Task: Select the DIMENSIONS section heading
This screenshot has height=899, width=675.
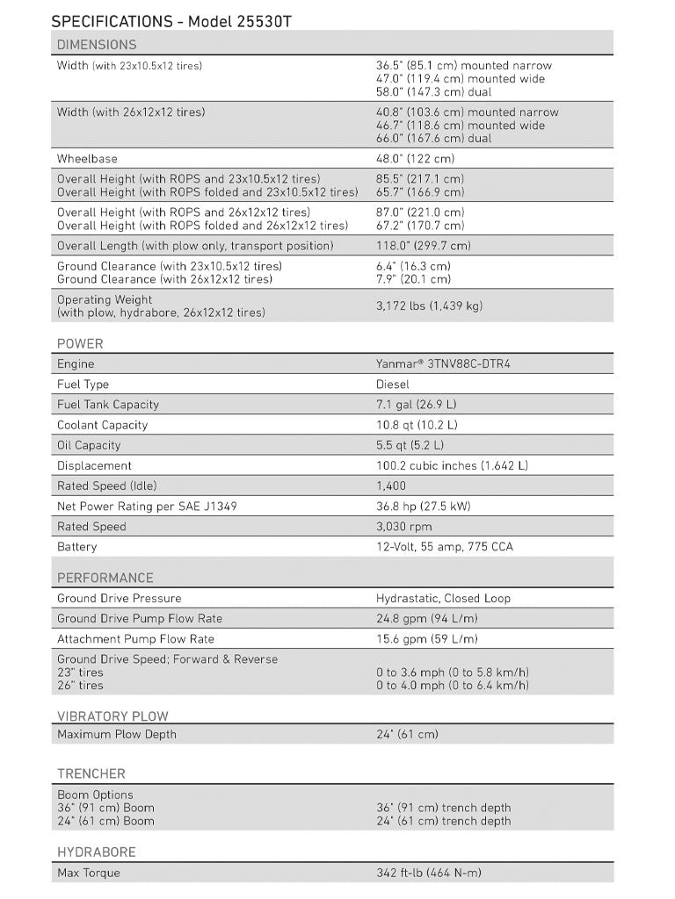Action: click(97, 45)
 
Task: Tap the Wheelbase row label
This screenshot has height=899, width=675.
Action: click(87, 159)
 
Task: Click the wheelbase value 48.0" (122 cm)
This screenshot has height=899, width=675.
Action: click(415, 159)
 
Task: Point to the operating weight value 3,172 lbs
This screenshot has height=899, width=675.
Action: click(429, 306)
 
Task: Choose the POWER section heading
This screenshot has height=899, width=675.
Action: click(80, 344)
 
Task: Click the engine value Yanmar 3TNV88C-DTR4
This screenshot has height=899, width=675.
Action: click(443, 364)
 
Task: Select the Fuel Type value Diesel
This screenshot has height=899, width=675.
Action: click(394, 385)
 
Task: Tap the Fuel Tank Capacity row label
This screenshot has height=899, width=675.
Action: click(108, 405)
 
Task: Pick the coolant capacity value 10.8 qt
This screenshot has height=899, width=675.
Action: click(417, 425)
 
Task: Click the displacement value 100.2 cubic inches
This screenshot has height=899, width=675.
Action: click(452, 466)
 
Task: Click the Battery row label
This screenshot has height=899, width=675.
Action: click(77, 547)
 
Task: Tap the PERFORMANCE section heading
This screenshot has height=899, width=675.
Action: click(105, 579)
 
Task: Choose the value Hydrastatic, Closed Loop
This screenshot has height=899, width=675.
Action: click(443, 599)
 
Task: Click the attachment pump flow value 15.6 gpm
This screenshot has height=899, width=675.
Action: click(427, 639)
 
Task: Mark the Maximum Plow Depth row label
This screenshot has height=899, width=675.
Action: click(117, 735)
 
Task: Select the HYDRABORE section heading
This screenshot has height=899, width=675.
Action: click(97, 852)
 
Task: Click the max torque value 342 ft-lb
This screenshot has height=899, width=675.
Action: click(429, 874)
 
